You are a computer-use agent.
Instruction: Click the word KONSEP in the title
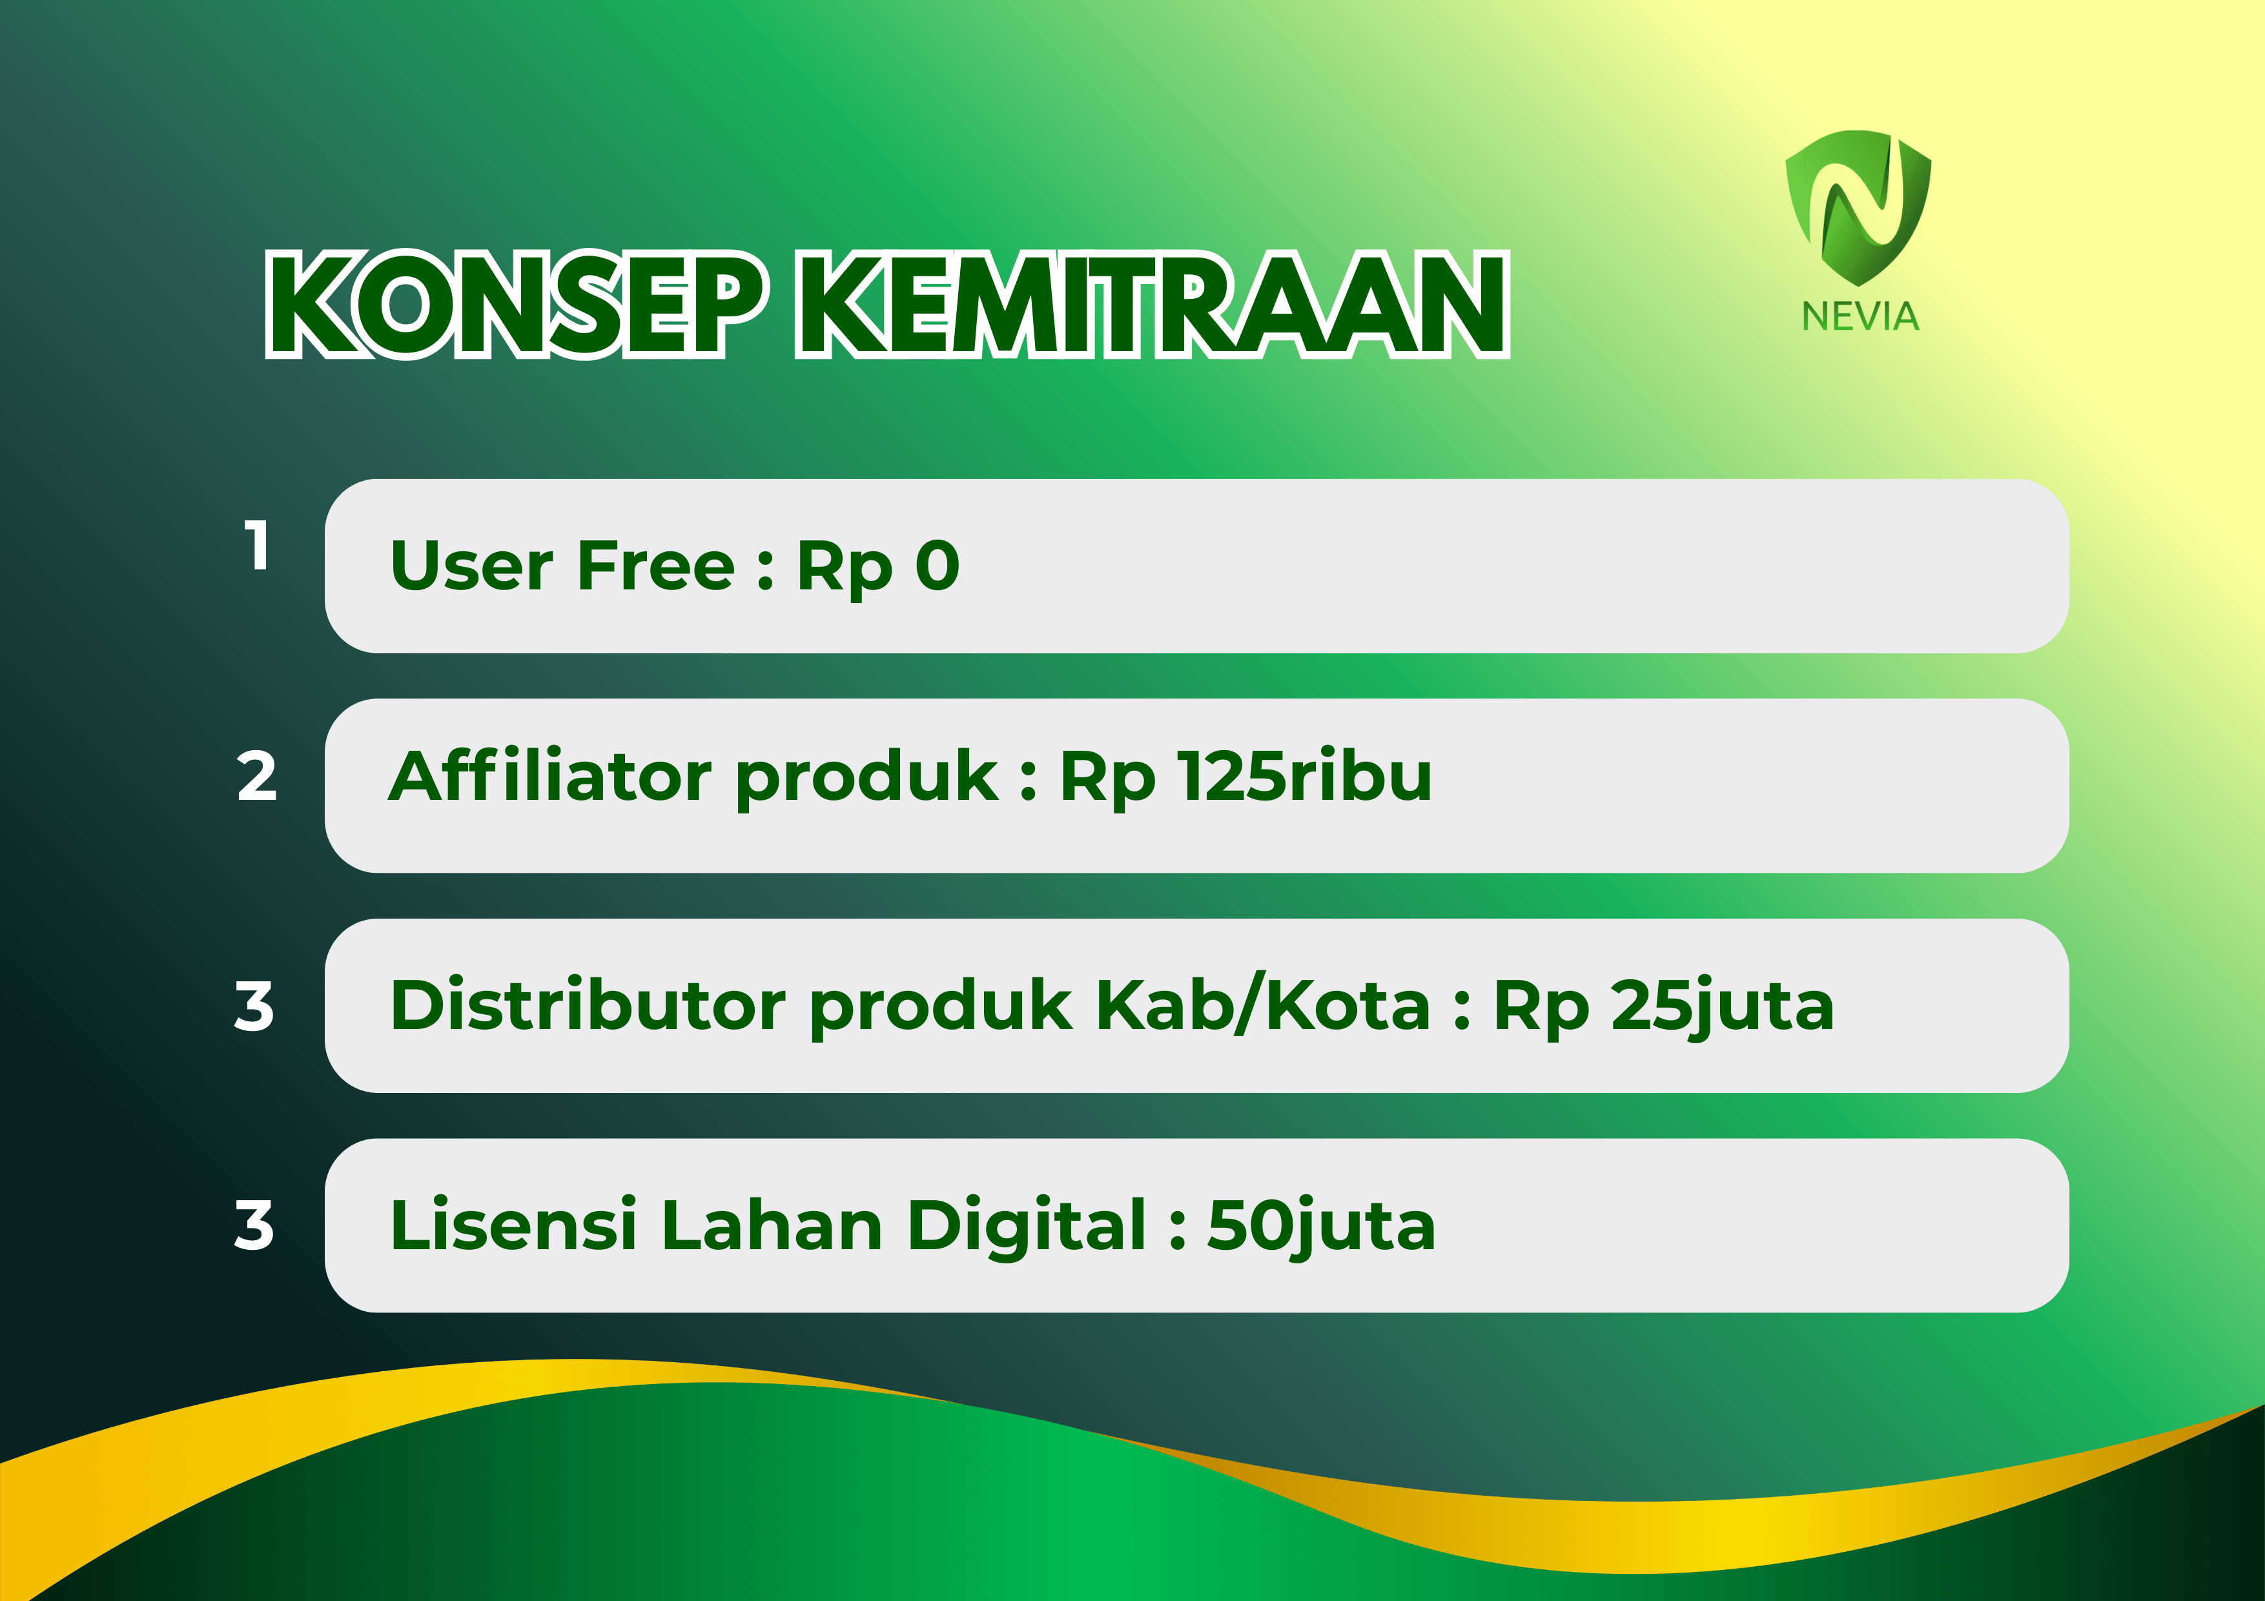[x=516, y=304]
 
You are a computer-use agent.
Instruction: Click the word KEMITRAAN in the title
[x=1153, y=304]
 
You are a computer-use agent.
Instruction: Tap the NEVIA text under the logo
[x=1860, y=316]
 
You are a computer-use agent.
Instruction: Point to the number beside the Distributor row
[x=254, y=1006]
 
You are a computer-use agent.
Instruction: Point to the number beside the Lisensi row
[x=254, y=1225]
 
